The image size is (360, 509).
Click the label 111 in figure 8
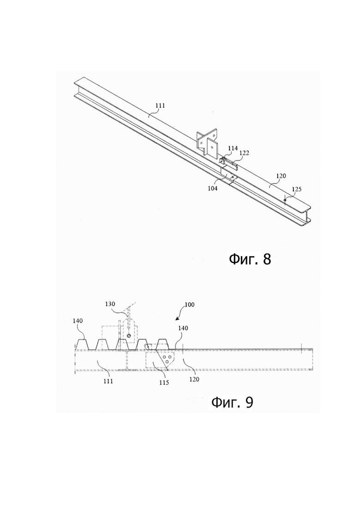(160, 106)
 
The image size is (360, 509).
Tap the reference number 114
(233, 148)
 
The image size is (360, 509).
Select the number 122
(244, 153)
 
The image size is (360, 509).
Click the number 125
(297, 189)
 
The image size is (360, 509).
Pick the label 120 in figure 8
(281, 176)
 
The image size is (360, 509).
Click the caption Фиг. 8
(250, 259)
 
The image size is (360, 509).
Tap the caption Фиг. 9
(232, 402)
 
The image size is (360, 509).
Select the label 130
(110, 304)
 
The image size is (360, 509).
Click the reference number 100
(190, 305)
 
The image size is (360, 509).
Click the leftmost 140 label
(78, 321)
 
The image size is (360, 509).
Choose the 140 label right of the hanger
(183, 328)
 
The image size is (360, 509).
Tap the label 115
(164, 383)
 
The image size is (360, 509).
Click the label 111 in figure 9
(108, 381)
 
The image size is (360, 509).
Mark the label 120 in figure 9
(194, 379)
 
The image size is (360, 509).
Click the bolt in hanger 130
(130, 335)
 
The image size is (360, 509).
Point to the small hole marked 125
(285, 201)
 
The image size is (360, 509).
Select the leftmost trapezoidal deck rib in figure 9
(83, 344)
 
